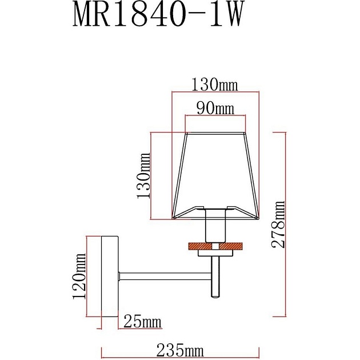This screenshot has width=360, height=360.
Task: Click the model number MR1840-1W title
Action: coord(155,15)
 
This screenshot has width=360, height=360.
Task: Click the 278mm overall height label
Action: coord(278,223)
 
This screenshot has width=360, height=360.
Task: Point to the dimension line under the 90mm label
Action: coord(215,117)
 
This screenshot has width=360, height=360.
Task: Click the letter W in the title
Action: coord(226,15)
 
